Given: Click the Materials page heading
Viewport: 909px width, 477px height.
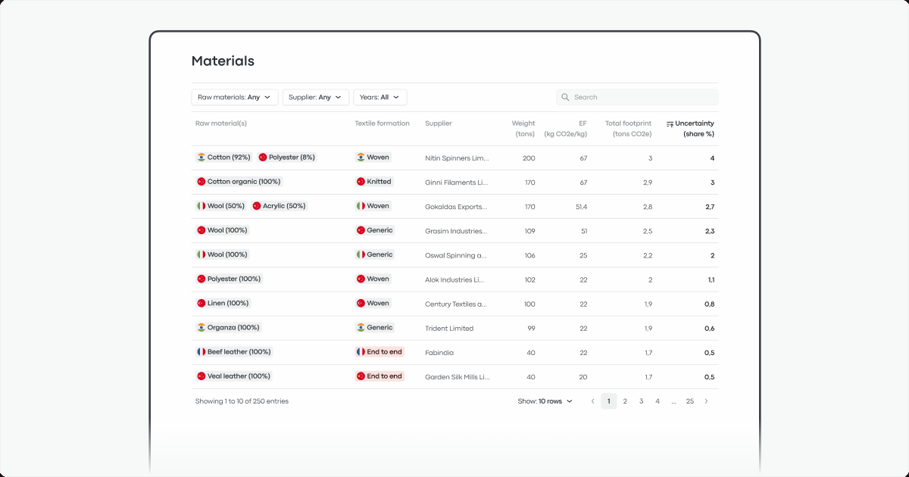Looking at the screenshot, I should (x=223, y=61).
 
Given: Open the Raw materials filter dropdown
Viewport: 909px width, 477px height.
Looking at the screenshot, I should (x=234, y=97).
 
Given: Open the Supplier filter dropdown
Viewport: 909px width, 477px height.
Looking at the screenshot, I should (x=315, y=97).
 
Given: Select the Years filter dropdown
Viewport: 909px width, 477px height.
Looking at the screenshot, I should (x=380, y=97).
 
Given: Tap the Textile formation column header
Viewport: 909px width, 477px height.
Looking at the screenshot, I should (x=382, y=123).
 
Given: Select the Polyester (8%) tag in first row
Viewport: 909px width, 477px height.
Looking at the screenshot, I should (x=286, y=157).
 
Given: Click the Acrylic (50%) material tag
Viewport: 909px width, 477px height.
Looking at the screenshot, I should (x=279, y=206).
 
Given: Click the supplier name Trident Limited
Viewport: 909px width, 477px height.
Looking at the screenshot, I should (x=449, y=329).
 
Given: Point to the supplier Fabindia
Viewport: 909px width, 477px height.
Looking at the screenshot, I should (x=439, y=353).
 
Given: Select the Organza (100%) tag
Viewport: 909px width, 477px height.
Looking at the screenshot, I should (x=229, y=328).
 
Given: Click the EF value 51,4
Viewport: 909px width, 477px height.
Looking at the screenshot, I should (x=581, y=207).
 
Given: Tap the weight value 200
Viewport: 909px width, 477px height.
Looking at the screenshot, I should (x=528, y=158).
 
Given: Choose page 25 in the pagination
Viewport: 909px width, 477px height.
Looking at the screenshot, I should (x=689, y=401).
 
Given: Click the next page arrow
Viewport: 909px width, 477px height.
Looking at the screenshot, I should (x=706, y=401).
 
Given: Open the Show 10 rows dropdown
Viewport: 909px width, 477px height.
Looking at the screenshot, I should (x=545, y=401).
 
